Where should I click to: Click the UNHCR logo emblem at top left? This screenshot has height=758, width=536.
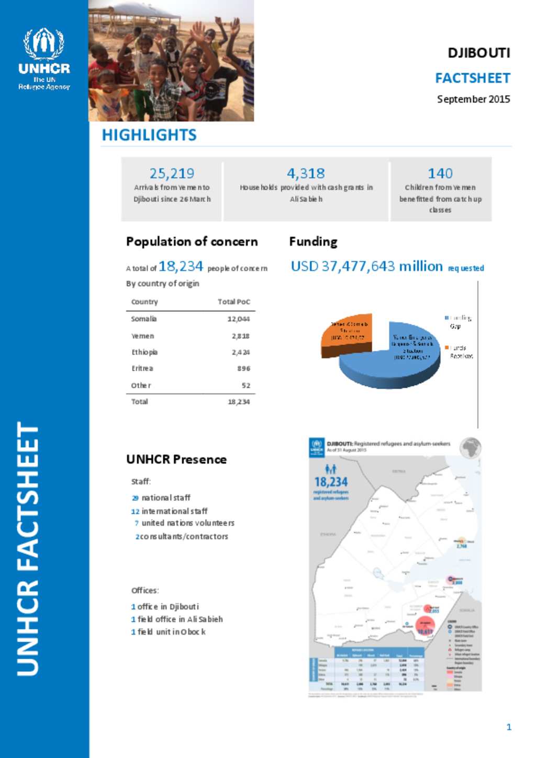click(44, 44)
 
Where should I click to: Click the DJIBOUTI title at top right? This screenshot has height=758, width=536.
click(478, 53)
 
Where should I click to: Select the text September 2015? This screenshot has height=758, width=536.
click(473, 99)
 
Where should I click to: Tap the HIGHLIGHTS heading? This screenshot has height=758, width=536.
click(149, 135)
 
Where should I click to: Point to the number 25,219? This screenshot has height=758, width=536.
click(172, 173)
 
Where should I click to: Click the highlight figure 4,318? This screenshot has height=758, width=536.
click(306, 173)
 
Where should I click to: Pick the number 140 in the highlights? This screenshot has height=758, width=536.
click(440, 173)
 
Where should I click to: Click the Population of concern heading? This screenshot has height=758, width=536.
click(192, 242)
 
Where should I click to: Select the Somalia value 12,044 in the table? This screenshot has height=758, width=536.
click(238, 319)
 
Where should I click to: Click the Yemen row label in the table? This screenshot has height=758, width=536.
click(142, 336)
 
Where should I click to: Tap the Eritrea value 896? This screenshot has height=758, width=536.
click(243, 369)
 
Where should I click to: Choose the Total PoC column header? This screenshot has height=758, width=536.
click(233, 302)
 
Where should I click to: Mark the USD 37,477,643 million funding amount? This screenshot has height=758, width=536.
click(366, 266)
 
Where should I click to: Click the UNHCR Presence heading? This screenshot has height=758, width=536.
click(176, 459)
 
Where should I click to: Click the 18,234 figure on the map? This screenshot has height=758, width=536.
click(330, 482)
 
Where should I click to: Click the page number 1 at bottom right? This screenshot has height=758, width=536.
click(509, 727)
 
